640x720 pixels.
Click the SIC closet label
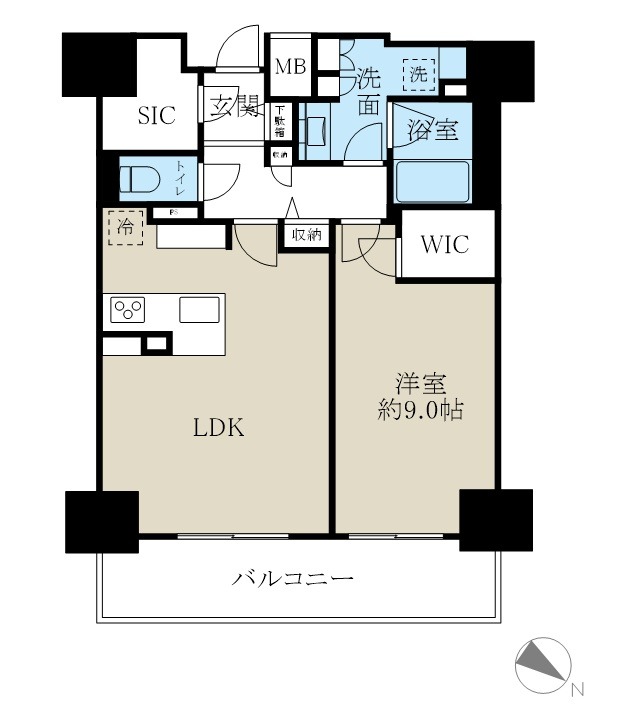point(156,116)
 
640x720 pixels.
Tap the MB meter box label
point(291,67)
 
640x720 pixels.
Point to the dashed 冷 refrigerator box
point(125,227)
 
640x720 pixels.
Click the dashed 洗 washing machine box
point(419,73)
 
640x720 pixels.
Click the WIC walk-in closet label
point(445,245)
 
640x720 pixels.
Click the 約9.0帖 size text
point(419,410)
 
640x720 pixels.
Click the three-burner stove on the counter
point(128,310)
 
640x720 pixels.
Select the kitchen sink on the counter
point(199,310)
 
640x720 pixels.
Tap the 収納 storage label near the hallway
point(306,236)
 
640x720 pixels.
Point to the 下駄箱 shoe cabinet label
point(281,122)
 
